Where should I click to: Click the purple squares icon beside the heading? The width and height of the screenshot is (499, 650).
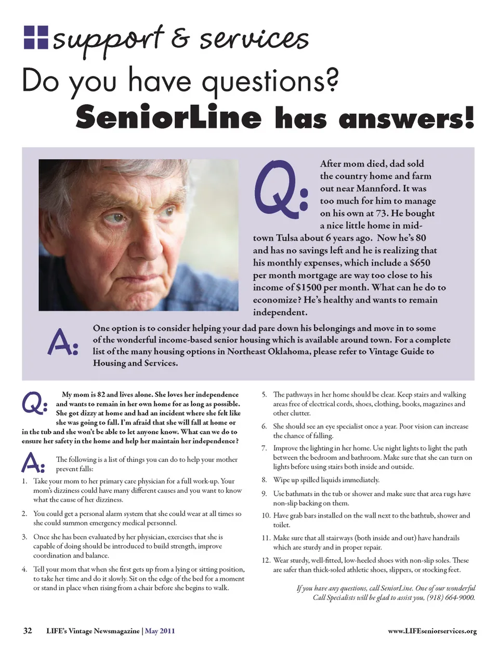coord(36,37)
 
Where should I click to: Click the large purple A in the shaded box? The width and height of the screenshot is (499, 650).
coord(61,343)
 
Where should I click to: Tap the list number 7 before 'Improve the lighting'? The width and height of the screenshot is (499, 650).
coord(264,448)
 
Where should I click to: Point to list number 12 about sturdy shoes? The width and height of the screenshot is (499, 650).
coord(266,560)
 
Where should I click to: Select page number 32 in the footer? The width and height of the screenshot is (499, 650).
coord(28,631)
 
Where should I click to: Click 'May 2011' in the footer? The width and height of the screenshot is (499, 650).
coord(160,631)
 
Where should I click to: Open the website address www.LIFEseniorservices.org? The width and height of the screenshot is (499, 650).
coord(432,631)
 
